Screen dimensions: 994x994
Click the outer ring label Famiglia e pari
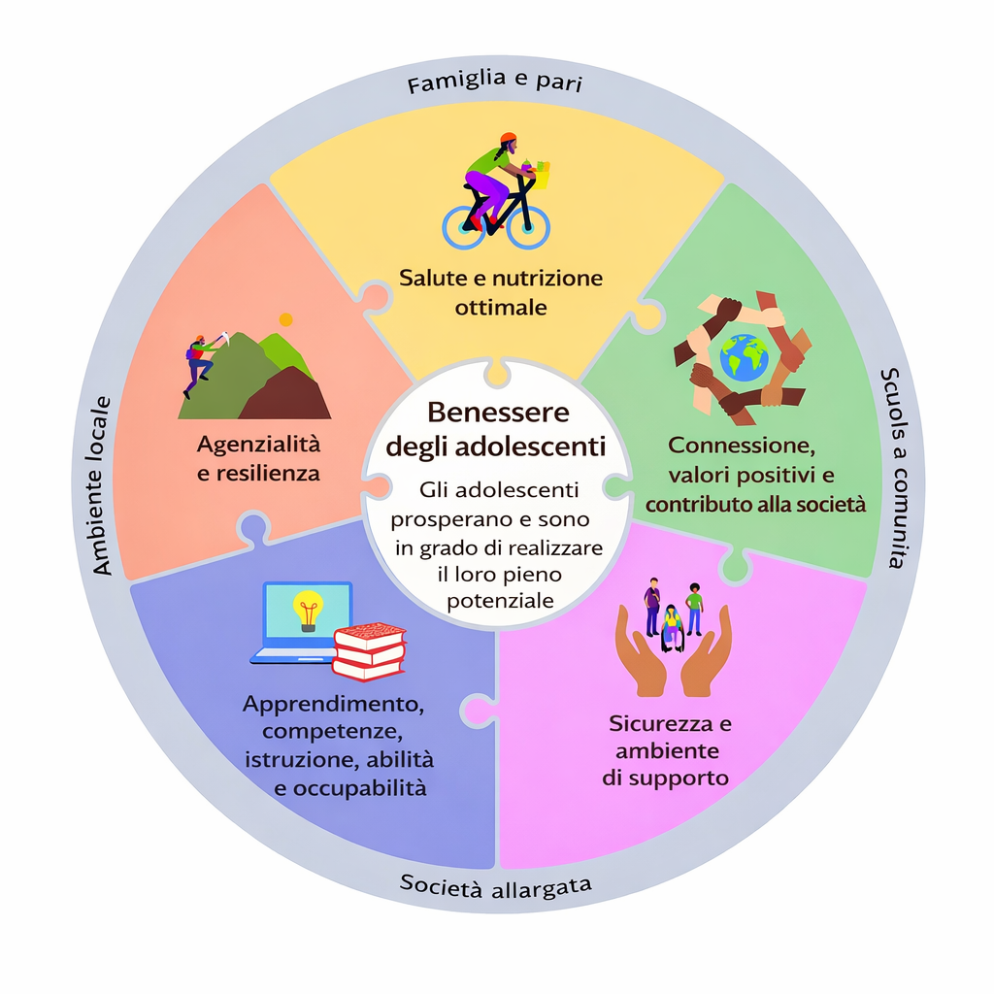point(494,83)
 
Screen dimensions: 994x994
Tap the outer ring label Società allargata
point(496,886)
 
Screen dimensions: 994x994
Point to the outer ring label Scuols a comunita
point(895,467)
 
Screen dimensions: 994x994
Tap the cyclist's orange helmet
point(508,139)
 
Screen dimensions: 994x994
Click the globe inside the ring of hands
point(745,357)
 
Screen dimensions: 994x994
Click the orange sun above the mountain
point(285,318)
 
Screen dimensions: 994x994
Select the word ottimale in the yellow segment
point(500,308)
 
